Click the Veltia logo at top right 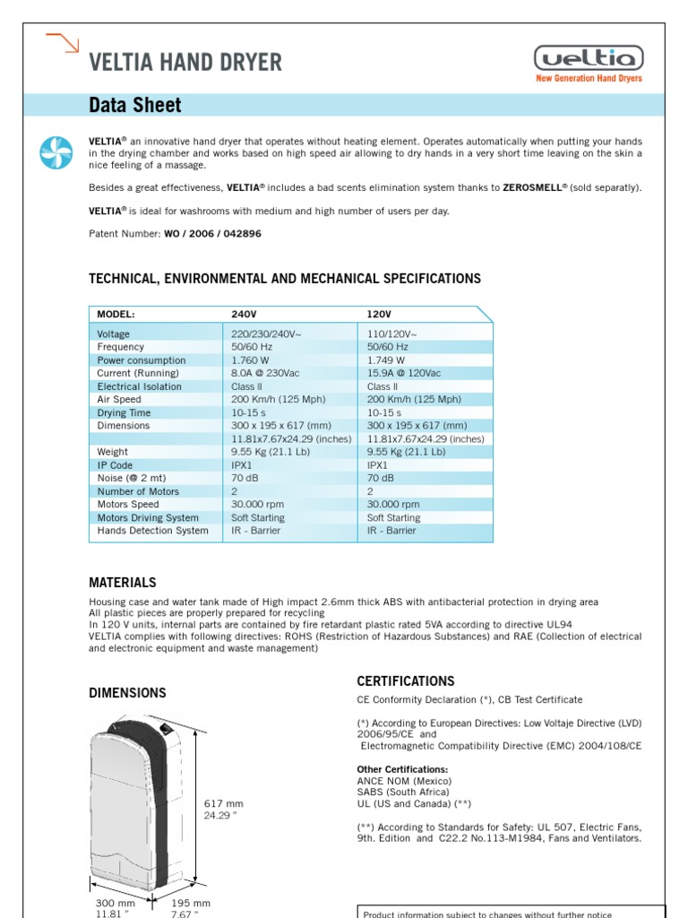pos(589,60)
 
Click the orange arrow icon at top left pos(63,42)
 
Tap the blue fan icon pos(56,153)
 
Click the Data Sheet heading pos(134,106)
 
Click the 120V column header pos(379,315)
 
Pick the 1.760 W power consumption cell pos(252,360)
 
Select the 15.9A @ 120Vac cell pos(404,373)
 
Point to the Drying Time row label pos(125,412)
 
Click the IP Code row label pos(115,465)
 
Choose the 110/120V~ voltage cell pos(391,333)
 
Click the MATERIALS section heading pos(123,583)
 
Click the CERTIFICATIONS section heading pos(405,681)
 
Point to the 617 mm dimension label pos(224,804)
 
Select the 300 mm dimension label pos(114,903)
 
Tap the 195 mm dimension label pos(190,903)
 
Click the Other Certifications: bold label pos(402,769)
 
